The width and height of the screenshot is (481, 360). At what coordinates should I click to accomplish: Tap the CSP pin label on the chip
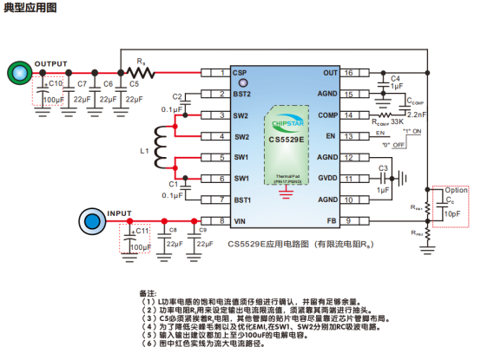tap(240, 73)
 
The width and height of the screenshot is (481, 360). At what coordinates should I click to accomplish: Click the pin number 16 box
tap(348, 73)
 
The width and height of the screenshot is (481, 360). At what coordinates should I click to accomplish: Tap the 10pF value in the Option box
tap(453, 213)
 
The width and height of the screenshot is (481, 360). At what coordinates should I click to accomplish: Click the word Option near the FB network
tap(456, 190)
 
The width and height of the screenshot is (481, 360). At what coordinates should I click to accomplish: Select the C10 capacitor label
tap(54, 84)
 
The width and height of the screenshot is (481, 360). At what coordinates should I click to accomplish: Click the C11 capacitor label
tap(142, 231)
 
